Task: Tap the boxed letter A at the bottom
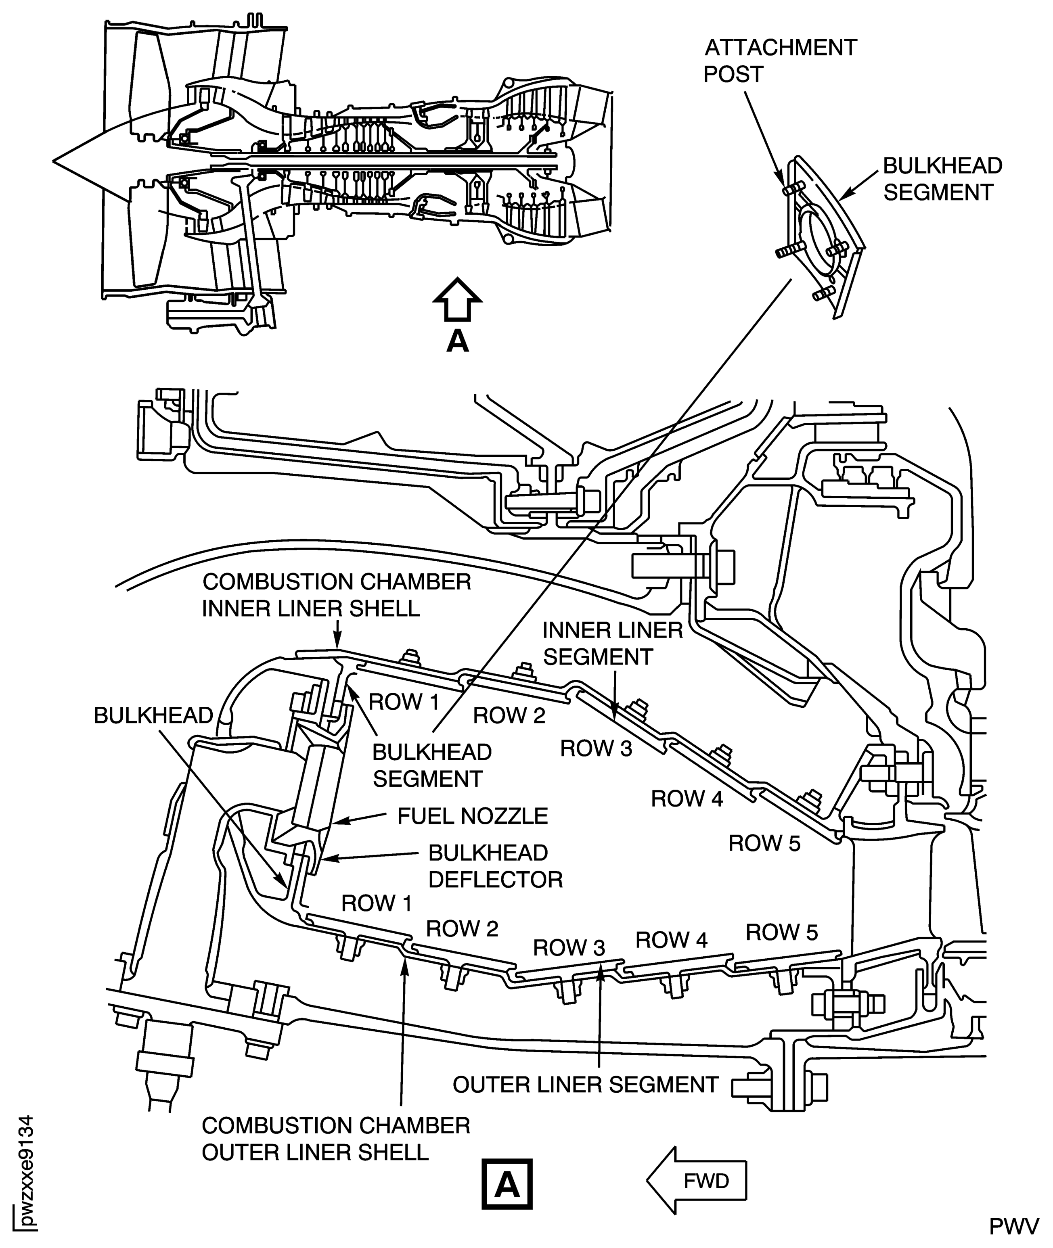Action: (507, 1184)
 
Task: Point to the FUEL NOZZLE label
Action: (472, 816)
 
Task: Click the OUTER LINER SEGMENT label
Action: (585, 1085)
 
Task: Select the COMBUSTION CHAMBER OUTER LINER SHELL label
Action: (336, 1139)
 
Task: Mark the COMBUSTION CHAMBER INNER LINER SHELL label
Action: (336, 595)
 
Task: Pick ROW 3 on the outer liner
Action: (569, 947)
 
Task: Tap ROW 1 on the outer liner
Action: (377, 904)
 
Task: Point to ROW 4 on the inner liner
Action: (687, 799)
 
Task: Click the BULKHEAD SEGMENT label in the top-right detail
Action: (942, 179)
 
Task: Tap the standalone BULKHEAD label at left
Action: (153, 716)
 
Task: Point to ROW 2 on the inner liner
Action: (509, 715)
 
